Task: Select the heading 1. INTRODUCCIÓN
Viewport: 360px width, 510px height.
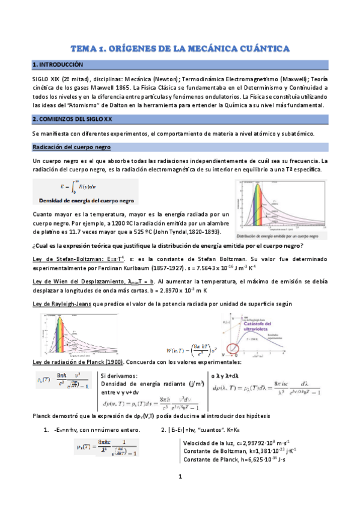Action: click(x=58, y=64)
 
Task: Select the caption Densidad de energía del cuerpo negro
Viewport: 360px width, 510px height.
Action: click(x=87, y=200)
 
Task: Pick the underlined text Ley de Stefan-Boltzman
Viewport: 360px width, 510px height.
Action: click(x=63, y=259)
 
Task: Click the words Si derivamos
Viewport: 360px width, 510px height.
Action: click(x=118, y=375)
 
